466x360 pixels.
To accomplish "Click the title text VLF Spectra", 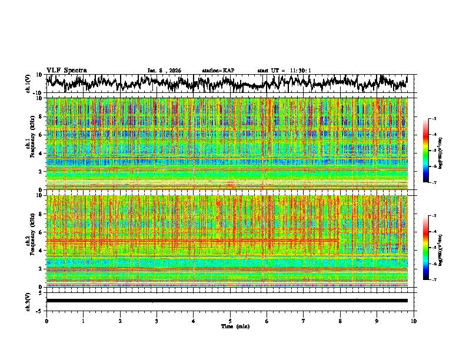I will click(66, 70).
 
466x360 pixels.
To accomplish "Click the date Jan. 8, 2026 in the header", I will click(164, 71).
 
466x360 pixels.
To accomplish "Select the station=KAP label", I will click(218, 71).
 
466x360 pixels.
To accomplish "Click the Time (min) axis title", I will click(230, 326).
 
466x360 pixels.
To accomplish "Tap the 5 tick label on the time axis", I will click(230, 321).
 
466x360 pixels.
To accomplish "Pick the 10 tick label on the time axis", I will click(414, 321).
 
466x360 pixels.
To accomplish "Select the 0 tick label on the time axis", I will click(46, 321).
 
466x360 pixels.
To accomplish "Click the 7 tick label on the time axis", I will click(304, 321).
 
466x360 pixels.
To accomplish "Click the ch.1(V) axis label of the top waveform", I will click(28, 84).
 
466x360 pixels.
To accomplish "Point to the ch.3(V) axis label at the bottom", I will click(28, 301).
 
